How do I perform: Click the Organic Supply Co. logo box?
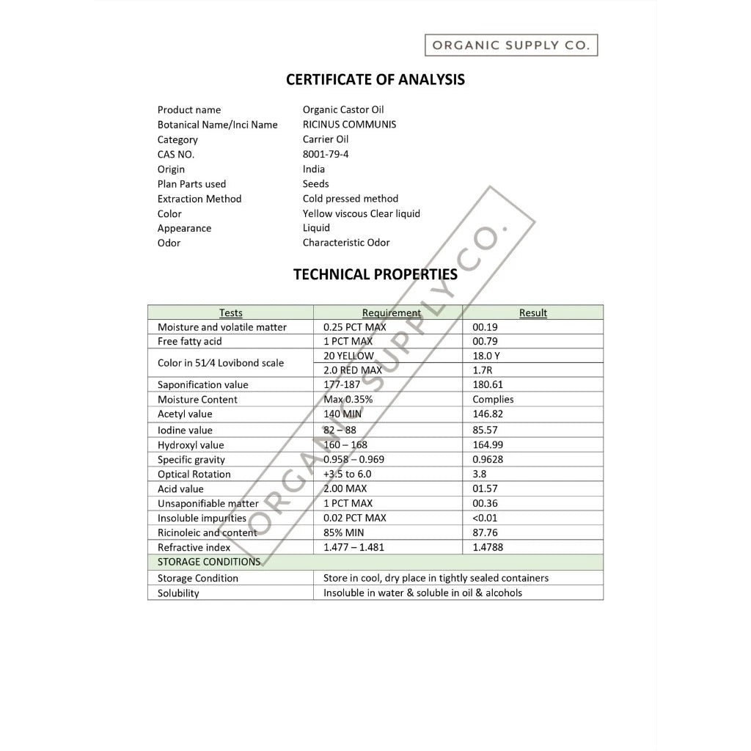[511, 45]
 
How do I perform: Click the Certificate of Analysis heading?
[375, 80]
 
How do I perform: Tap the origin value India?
[313, 169]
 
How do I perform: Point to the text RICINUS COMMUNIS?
[349, 124]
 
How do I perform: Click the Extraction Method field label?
[199, 199]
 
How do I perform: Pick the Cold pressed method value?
[350, 199]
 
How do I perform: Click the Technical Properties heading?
[375, 274]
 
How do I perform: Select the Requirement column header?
[392, 313]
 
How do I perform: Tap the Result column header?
[533, 313]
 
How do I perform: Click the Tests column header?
[230, 313]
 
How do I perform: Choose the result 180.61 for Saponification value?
[488, 385]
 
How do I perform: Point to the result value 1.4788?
[488, 547]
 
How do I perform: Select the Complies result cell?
[493, 400]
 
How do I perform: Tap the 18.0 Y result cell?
[486, 356]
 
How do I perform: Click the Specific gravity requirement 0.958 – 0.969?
[353, 460]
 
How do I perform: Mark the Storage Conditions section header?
[209, 562]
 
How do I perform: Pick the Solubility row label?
[178, 593]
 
